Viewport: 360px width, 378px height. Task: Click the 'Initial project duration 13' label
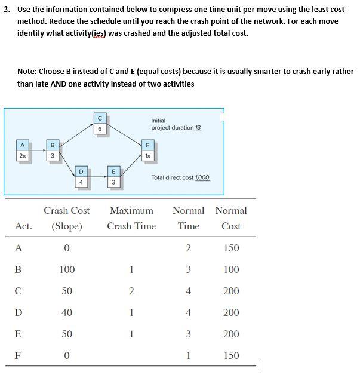pos(176,124)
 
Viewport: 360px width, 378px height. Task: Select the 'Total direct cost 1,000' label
pos(180,177)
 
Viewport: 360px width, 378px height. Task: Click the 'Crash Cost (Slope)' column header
pos(67,218)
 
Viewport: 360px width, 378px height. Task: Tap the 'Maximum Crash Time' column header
pos(131,218)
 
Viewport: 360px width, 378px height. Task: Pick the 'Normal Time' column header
pos(188,218)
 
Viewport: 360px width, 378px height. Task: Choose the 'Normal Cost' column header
pos(230,218)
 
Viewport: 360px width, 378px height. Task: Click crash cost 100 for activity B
pos(67,269)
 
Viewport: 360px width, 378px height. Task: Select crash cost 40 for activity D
pos(67,312)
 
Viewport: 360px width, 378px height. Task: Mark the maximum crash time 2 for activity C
pos(131,291)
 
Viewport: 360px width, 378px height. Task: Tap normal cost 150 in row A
pos(230,248)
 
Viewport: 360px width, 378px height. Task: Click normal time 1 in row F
pos(189,355)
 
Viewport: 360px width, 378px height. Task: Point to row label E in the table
pos(19,334)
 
